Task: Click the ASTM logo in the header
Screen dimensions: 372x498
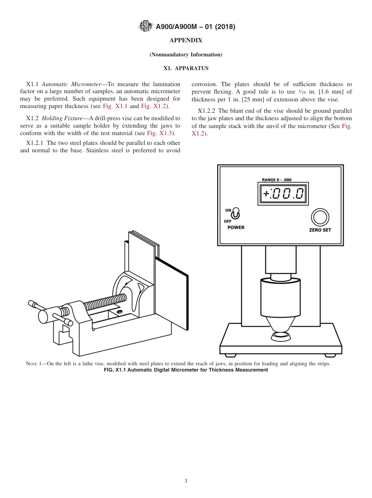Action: coord(146,27)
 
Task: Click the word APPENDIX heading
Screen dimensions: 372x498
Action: coord(186,40)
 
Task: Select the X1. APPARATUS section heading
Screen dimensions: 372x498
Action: coord(186,68)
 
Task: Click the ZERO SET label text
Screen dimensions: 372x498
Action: coord(320,230)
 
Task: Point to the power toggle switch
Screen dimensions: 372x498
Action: coord(235,213)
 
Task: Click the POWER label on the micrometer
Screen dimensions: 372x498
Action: coord(236,227)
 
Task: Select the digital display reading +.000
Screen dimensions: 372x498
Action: coord(283,193)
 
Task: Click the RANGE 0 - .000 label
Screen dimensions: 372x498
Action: coord(276,180)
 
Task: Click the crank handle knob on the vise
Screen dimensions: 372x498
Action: coord(43,316)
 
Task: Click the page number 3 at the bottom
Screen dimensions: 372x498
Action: coord(186,481)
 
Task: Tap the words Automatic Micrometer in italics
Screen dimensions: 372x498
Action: coord(71,84)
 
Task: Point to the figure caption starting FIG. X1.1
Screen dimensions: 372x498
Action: coord(186,370)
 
